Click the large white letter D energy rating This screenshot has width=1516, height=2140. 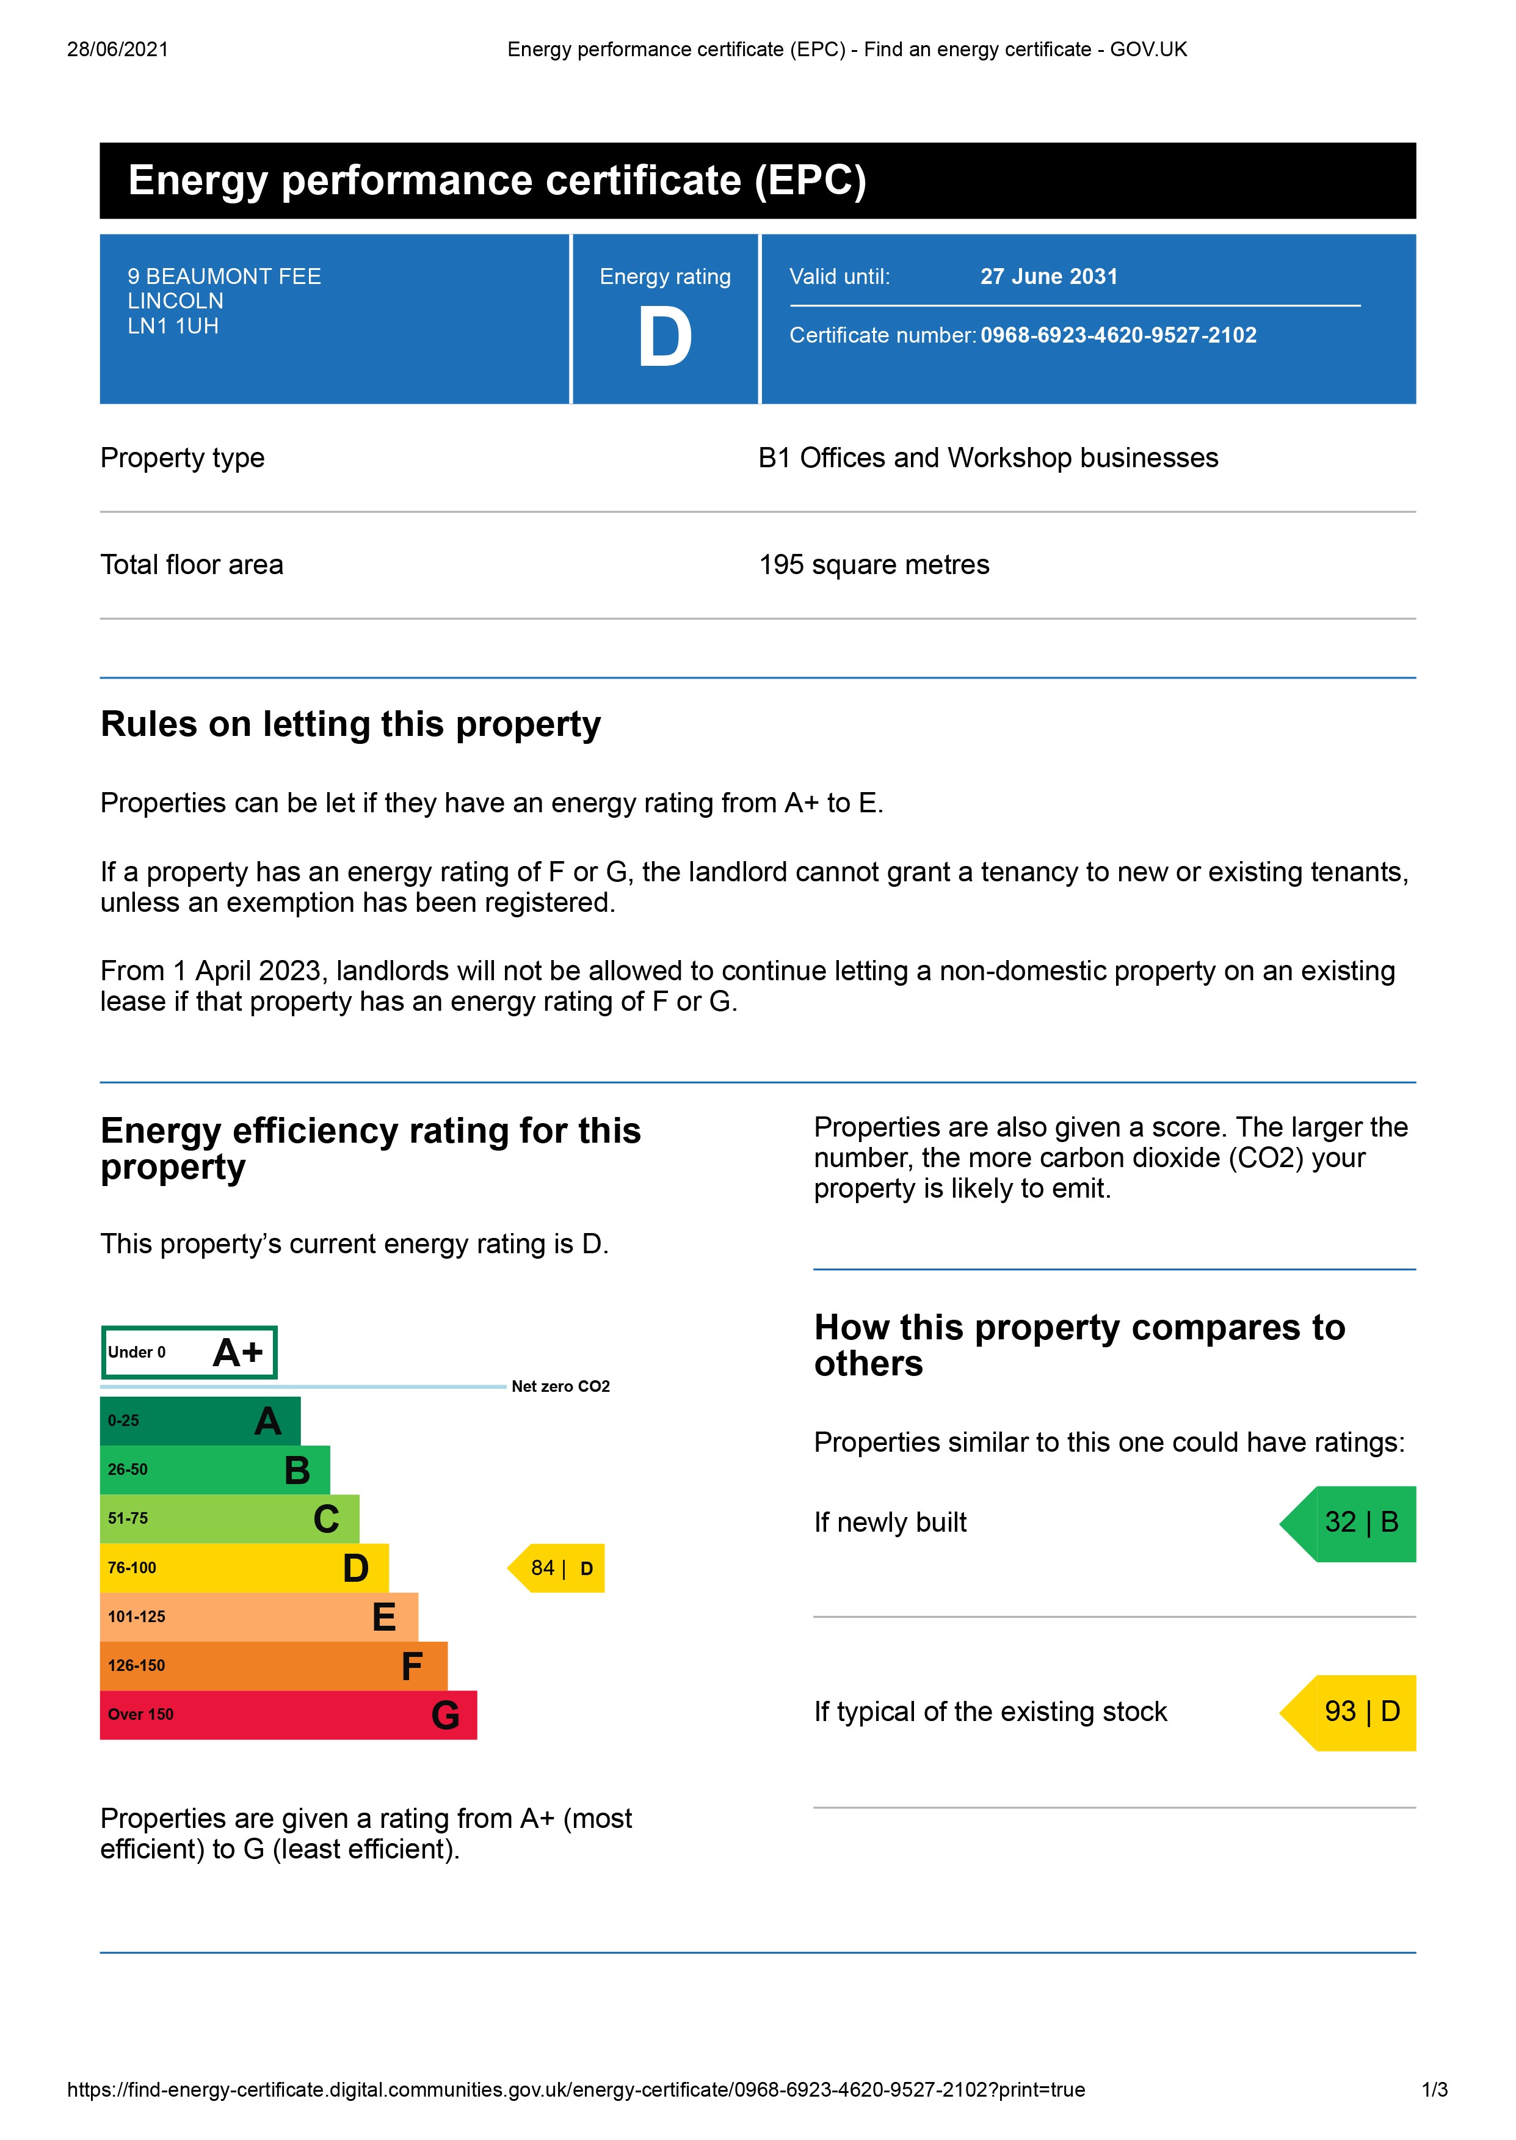tap(665, 338)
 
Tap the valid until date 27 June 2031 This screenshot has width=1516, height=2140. tap(1048, 277)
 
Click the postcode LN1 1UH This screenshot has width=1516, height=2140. tap(173, 326)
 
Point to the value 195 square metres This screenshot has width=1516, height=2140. tap(874, 565)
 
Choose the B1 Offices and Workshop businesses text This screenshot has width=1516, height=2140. tap(988, 457)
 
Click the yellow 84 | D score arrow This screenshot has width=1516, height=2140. tap(558, 1568)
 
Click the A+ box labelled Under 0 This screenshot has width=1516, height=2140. tap(189, 1352)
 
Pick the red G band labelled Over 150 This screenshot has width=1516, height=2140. tap(288, 1714)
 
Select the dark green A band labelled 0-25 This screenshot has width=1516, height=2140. tap(200, 1421)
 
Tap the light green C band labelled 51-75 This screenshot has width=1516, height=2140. tap(229, 1518)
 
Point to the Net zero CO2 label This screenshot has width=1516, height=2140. tap(560, 1386)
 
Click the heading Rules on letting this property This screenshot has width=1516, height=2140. tap(350, 724)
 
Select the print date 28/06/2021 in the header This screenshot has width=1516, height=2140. tap(118, 49)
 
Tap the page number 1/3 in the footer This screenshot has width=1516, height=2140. tap(1434, 2089)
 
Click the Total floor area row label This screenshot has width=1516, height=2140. tap(191, 565)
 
